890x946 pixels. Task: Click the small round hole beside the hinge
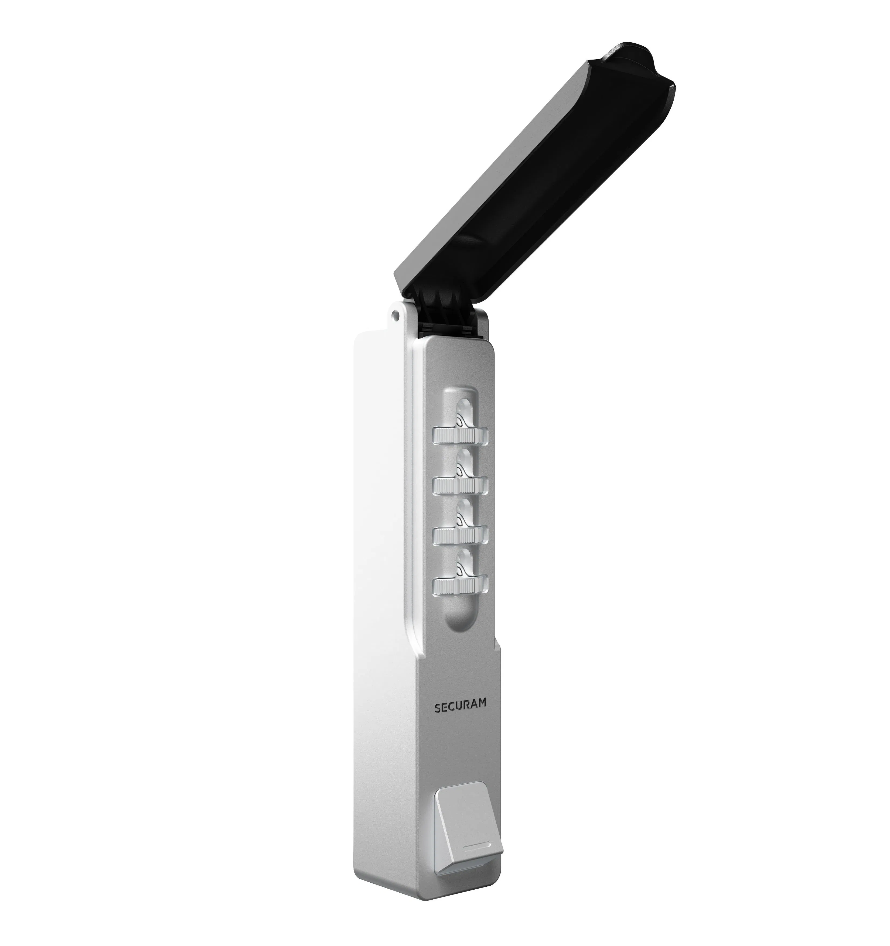[394, 314]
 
